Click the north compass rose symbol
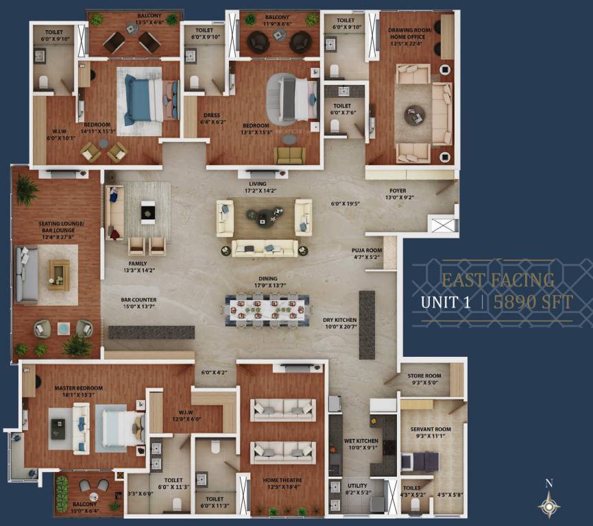point(548,505)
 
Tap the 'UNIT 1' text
point(445,302)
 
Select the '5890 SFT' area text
point(533,302)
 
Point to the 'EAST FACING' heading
point(498,279)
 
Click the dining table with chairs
point(265,308)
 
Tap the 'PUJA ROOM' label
point(367,251)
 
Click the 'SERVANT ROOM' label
point(430,429)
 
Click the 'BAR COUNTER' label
point(138,300)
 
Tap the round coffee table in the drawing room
point(414,114)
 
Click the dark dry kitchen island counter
point(367,325)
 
